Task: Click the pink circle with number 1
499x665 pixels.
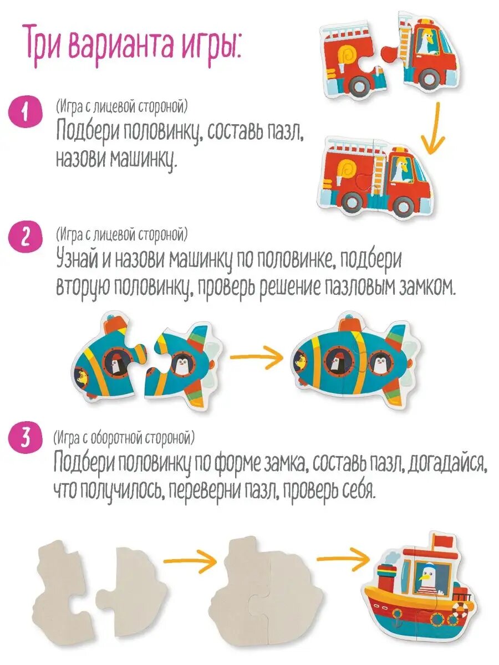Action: pyautogui.click(x=25, y=113)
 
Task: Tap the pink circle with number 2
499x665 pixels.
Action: pyautogui.click(x=25, y=239)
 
